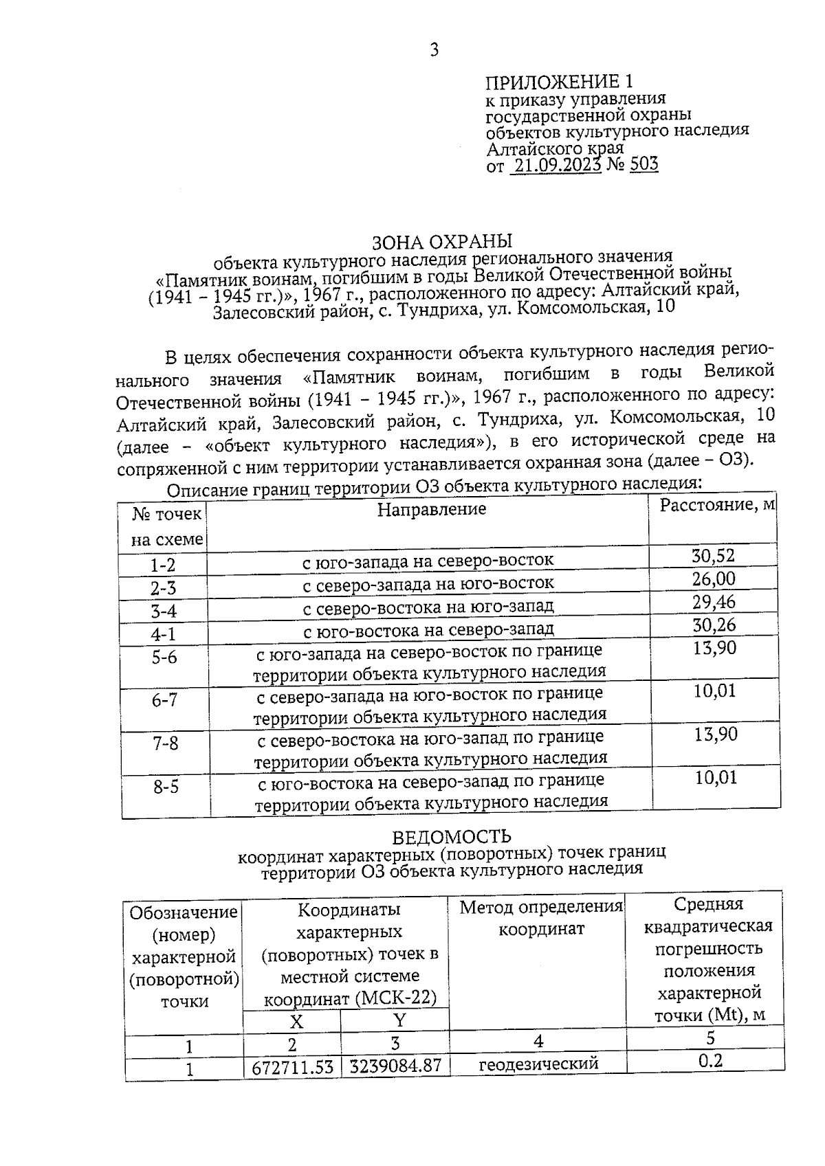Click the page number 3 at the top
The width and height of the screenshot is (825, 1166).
coord(434,50)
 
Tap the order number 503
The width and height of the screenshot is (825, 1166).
coord(643,164)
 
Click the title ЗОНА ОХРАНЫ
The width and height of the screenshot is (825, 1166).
coord(442,242)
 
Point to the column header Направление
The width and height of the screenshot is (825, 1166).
coord(432,509)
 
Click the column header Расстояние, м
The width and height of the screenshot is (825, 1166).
coord(717,506)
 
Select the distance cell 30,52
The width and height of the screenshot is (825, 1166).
coord(714,556)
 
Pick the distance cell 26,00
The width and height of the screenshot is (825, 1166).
coord(714,579)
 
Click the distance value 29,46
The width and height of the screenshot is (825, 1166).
coord(714,602)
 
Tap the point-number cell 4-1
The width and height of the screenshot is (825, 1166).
coord(164,634)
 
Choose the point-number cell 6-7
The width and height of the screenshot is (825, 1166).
coord(165,700)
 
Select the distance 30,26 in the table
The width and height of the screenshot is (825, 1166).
coord(714,625)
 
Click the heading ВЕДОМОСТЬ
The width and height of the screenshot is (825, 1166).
coord(452,837)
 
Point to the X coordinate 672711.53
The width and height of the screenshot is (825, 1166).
coord(293,1068)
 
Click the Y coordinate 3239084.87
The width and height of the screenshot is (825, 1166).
coord(395,1066)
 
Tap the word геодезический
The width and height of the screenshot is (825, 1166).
coord(538,1064)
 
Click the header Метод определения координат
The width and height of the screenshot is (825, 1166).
coord(540,919)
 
